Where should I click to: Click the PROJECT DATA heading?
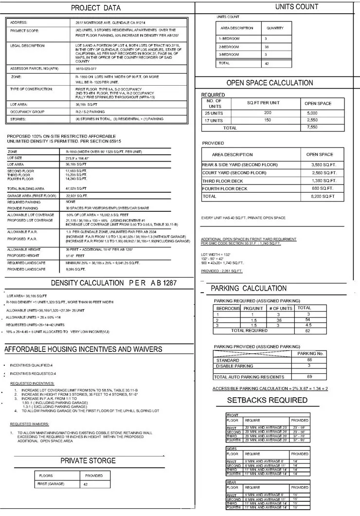(96, 8)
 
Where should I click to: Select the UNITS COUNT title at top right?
(297, 7)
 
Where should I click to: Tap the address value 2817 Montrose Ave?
(110, 23)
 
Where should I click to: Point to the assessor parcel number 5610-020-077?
(86, 68)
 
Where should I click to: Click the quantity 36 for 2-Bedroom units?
(266, 46)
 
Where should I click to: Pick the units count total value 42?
(266, 63)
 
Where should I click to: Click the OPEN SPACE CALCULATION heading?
(270, 83)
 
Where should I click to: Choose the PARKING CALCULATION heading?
(249, 289)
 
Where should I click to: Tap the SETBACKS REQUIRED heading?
(268, 400)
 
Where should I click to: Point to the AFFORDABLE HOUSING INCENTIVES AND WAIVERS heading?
(83, 350)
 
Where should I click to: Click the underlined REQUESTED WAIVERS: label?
(29, 424)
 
